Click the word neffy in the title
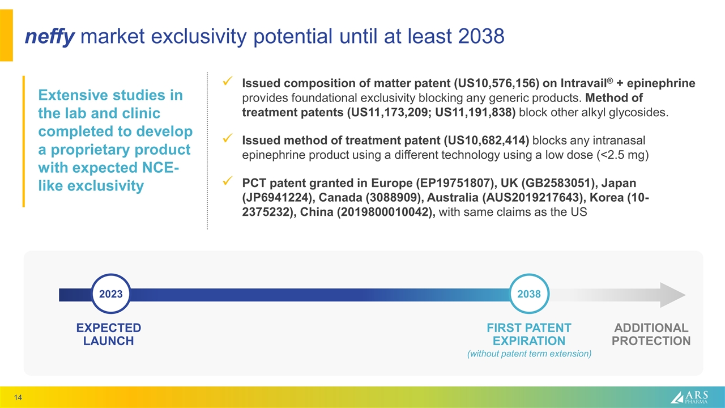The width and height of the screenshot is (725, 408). coord(50,37)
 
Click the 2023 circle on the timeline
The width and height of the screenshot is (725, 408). coord(111,294)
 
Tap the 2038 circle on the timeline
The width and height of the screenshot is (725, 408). coord(529,294)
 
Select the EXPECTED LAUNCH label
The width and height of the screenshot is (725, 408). coord(109,334)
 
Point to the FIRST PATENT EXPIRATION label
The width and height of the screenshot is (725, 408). coord(529,334)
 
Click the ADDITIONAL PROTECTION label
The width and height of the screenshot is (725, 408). coord(651,334)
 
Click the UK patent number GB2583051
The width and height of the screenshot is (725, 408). coord(548,184)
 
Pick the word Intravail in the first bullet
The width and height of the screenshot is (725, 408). coord(577,84)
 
